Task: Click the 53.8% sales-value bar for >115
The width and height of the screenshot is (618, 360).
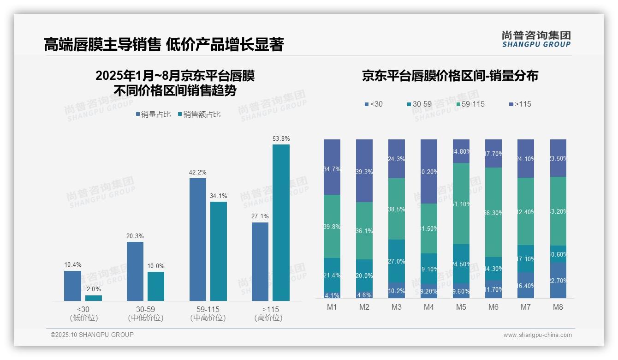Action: [x=281, y=222]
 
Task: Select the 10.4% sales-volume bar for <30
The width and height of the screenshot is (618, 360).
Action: [x=72, y=286]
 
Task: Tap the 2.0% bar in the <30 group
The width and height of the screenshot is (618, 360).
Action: [x=94, y=298]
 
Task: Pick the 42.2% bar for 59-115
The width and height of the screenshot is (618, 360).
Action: [x=198, y=239]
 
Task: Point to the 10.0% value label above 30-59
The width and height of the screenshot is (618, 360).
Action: [x=156, y=266]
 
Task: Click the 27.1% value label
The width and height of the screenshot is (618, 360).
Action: [x=260, y=216]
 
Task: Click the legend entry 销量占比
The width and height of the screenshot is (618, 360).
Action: [x=156, y=114]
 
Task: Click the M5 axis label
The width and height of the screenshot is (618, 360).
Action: [x=461, y=307]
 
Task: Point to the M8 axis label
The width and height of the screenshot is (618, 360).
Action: [x=558, y=307]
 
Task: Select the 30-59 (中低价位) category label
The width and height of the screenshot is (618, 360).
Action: [x=146, y=313]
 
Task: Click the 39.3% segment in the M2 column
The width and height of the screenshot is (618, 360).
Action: [x=364, y=171]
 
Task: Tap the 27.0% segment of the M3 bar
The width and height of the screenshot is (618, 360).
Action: [x=397, y=261]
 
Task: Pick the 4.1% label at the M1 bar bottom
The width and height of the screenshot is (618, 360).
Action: [x=332, y=295]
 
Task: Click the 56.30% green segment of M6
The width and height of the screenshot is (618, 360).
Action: [x=493, y=212]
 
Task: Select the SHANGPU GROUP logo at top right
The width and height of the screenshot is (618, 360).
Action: [x=536, y=39]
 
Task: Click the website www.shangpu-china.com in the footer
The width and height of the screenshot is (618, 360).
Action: [x=537, y=335]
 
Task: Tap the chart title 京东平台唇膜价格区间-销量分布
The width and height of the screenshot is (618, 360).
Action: [x=450, y=76]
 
